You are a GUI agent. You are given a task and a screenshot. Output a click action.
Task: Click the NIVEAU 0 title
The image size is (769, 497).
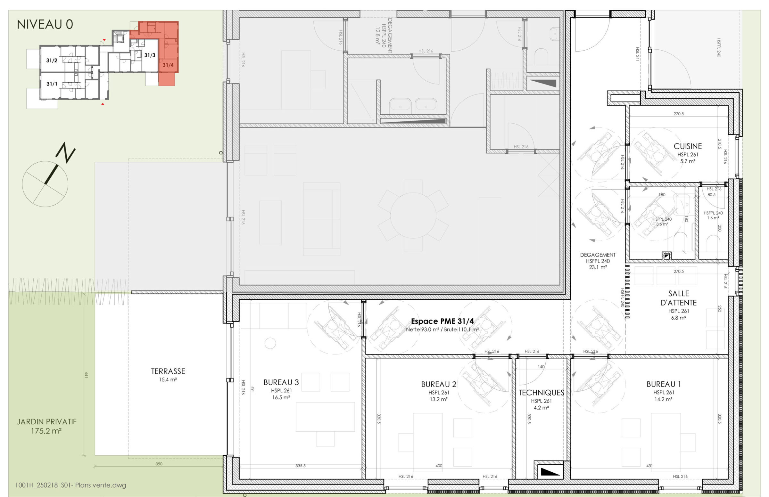coord(45,25)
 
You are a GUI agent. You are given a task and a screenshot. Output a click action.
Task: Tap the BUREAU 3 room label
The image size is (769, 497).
coord(281,382)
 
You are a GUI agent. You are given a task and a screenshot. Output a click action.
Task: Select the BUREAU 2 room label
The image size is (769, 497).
coord(439,384)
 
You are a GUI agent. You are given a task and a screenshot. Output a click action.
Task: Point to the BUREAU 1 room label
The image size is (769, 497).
coord(664,384)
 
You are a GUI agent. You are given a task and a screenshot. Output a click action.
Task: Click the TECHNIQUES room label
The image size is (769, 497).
coord(542,393)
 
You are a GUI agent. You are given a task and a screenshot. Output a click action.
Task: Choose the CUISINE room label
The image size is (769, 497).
coord(688,146)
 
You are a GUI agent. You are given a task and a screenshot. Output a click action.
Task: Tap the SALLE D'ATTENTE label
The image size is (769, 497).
coord(679,298)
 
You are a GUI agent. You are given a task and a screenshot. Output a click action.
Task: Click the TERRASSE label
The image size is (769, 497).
coord(168,371)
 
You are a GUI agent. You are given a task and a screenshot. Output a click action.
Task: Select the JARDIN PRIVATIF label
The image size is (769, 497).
coord(47,422)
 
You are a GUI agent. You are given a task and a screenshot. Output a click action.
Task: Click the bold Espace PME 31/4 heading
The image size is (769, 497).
coord(442,321)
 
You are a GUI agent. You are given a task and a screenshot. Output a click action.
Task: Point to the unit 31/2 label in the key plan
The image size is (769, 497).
coord(52,60)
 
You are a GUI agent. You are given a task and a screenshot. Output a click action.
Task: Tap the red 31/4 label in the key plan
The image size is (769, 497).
coord(168,65)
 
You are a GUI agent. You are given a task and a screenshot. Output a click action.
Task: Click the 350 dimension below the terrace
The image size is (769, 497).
coord(159,464)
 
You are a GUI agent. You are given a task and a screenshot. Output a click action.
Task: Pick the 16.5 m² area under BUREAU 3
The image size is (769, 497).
coord(281,398)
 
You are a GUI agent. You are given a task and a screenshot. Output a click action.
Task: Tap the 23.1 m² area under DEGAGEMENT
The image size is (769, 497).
coord(598,267)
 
